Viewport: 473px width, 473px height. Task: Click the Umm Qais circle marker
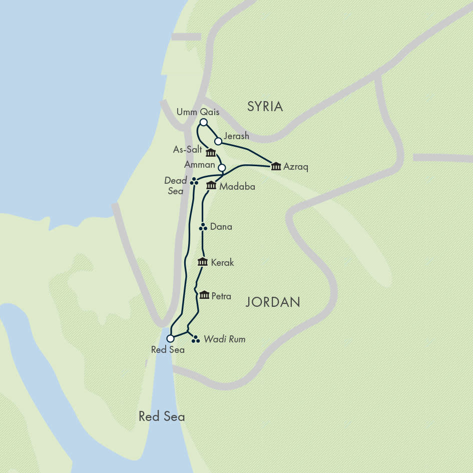click(x=203, y=123)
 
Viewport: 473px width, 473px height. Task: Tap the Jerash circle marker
click(x=218, y=141)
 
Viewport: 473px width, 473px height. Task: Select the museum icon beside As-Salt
click(x=211, y=153)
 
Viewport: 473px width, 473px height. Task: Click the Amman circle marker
click(x=222, y=168)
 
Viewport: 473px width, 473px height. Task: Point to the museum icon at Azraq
click(x=276, y=166)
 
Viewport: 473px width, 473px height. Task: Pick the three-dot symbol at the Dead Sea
click(x=194, y=182)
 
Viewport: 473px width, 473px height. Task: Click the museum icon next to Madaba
click(x=211, y=186)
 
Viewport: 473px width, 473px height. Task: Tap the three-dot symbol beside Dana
click(x=203, y=227)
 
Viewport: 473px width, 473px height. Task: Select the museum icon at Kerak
click(x=203, y=262)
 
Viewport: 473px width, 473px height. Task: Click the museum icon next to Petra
click(x=204, y=295)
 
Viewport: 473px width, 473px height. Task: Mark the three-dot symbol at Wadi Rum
click(x=196, y=339)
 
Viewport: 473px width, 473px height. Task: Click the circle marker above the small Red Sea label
click(x=170, y=339)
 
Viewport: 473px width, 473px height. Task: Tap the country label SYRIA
click(x=265, y=107)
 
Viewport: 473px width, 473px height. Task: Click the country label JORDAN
click(x=273, y=302)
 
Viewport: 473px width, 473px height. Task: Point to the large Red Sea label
click(x=162, y=416)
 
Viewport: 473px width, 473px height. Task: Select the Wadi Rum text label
click(x=224, y=339)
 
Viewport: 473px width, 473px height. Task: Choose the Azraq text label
click(x=296, y=167)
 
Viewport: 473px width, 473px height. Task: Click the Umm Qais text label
click(x=198, y=112)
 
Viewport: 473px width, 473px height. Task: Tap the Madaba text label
click(x=238, y=187)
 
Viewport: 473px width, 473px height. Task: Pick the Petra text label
click(x=221, y=296)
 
